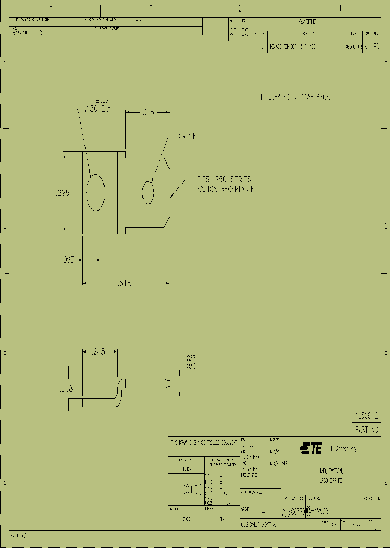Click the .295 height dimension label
coord(63,193)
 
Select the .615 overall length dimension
coord(124,283)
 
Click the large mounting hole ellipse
coord(96,192)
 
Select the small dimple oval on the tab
coord(148,193)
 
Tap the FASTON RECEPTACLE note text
coord(225,190)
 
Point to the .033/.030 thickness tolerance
coord(190,362)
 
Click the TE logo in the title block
coord(311,448)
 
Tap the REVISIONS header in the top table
coord(307,22)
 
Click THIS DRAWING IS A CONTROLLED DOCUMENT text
coord(204,442)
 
